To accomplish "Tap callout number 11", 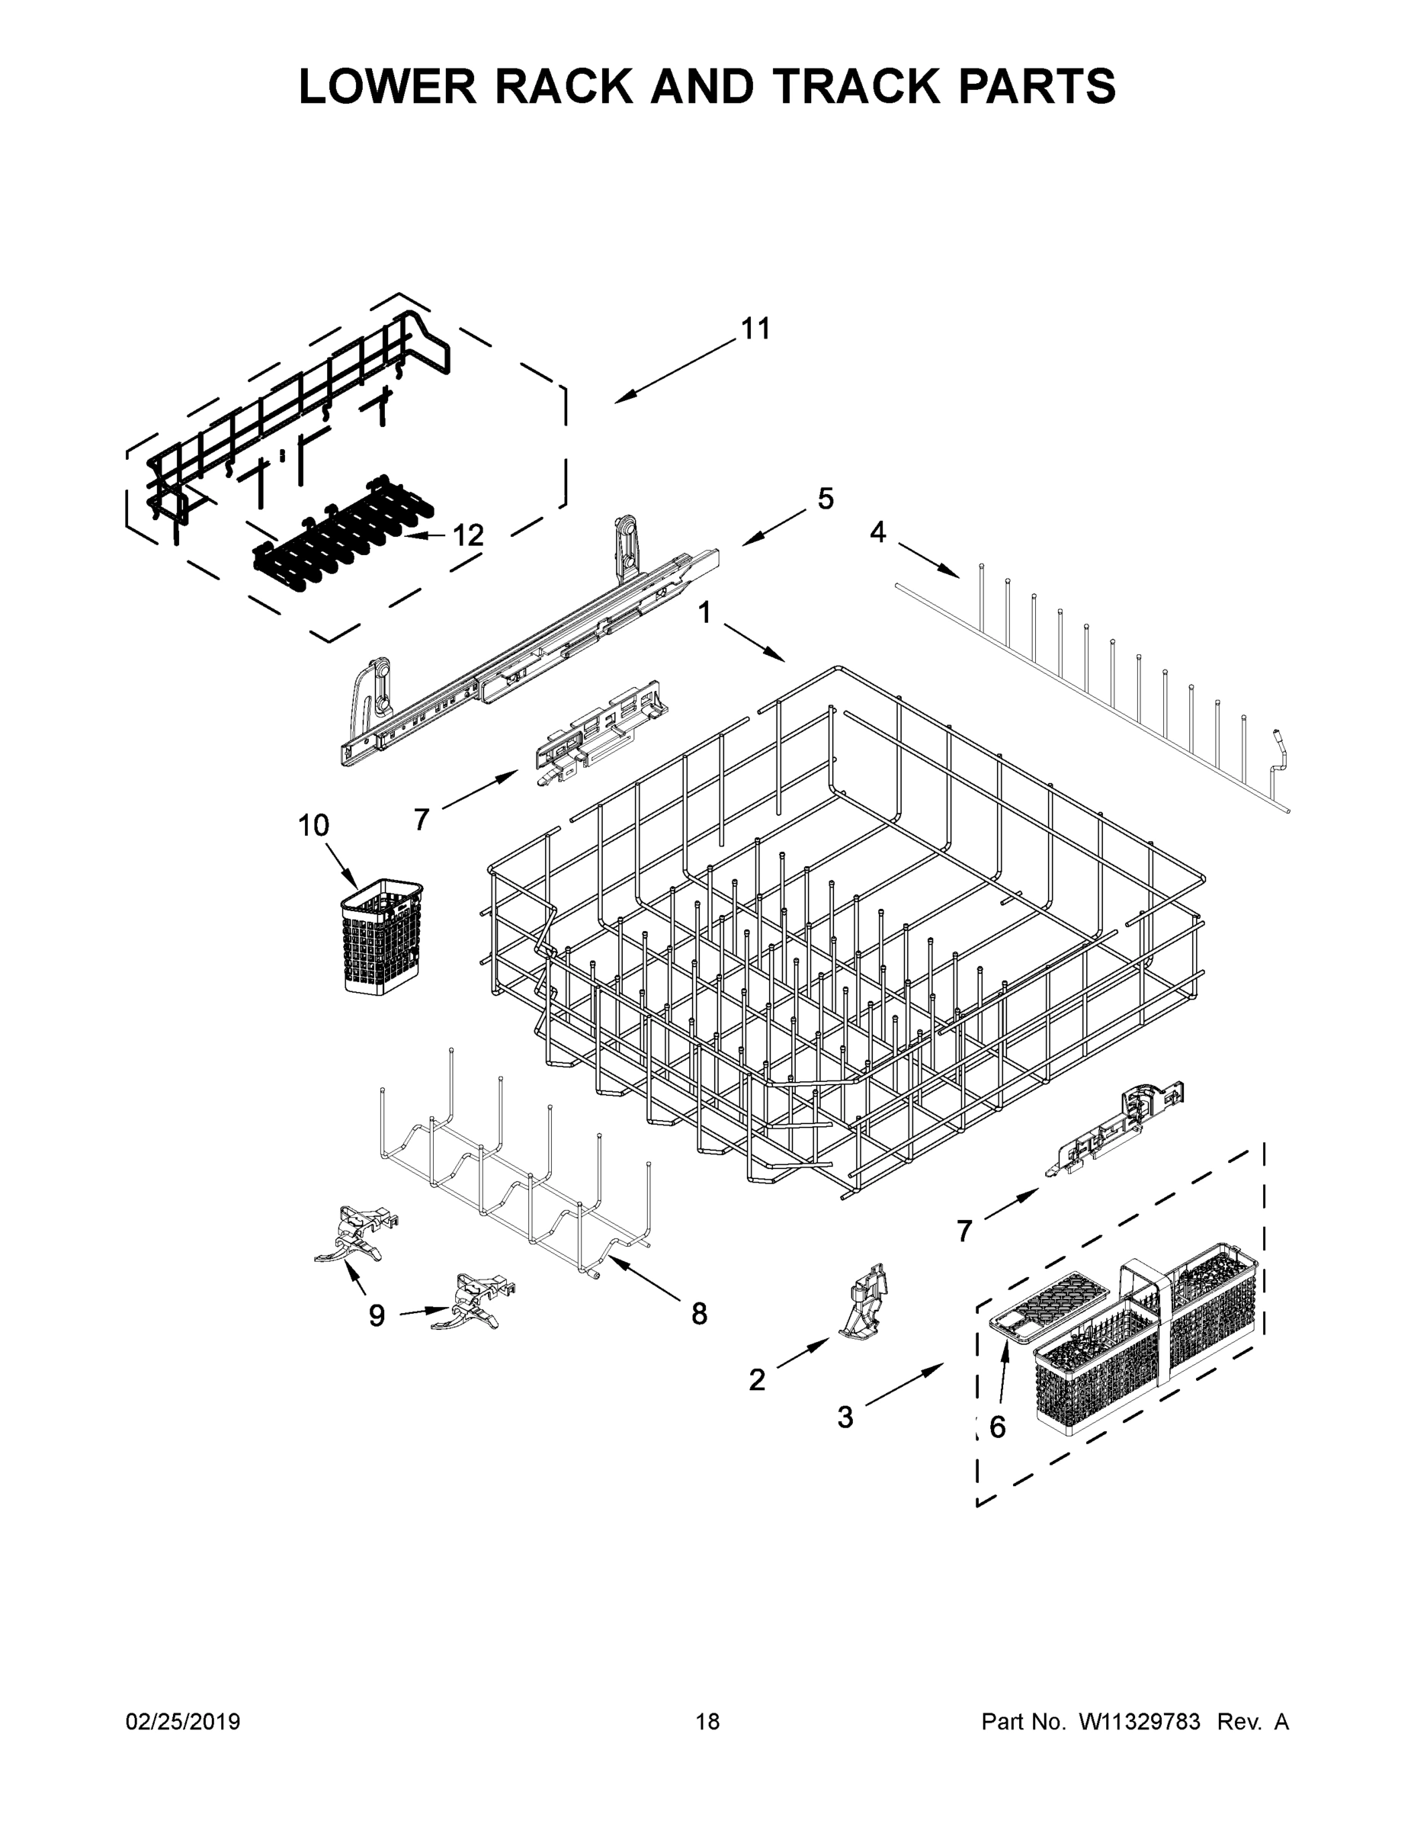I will click(x=755, y=329).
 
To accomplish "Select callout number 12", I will click(x=467, y=535).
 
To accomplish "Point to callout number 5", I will click(x=825, y=499).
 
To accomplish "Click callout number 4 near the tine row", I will click(x=877, y=532).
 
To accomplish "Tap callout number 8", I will click(x=699, y=1313).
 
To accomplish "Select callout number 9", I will click(x=377, y=1315).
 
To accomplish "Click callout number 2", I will click(x=756, y=1379).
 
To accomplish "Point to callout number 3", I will click(x=845, y=1417).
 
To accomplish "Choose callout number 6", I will click(x=997, y=1427).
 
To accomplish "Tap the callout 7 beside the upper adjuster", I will click(x=422, y=819).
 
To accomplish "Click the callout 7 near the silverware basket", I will click(x=964, y=1231).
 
